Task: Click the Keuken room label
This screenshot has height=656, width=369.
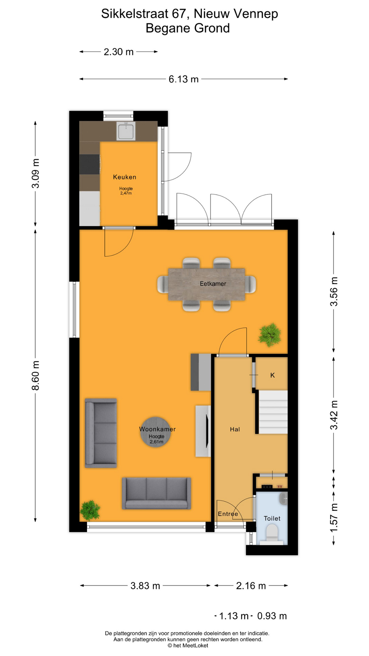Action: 124,177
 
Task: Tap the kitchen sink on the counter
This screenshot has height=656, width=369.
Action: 126,132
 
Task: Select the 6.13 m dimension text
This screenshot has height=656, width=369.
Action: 183,79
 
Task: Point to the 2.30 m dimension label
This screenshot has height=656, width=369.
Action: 119,52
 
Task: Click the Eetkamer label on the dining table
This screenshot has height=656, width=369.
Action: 213,284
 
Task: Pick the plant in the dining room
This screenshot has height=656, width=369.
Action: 270,334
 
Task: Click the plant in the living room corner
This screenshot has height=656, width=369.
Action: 90,510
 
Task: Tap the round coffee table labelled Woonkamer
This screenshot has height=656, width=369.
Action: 155,432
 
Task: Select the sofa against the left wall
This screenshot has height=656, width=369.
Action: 101,433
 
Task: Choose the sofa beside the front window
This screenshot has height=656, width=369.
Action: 156,493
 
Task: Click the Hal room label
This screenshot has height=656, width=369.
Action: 235,429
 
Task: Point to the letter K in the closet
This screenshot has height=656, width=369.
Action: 272,375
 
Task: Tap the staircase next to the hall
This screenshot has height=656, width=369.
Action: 273,412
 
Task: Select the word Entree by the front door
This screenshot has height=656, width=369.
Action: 228,514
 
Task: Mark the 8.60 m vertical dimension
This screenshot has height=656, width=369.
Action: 36,375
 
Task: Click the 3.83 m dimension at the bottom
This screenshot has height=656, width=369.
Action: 145,586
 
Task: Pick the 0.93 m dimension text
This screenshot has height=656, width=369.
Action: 272,616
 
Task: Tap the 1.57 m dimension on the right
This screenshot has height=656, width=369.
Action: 334,517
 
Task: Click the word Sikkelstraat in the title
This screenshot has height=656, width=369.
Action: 135,14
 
